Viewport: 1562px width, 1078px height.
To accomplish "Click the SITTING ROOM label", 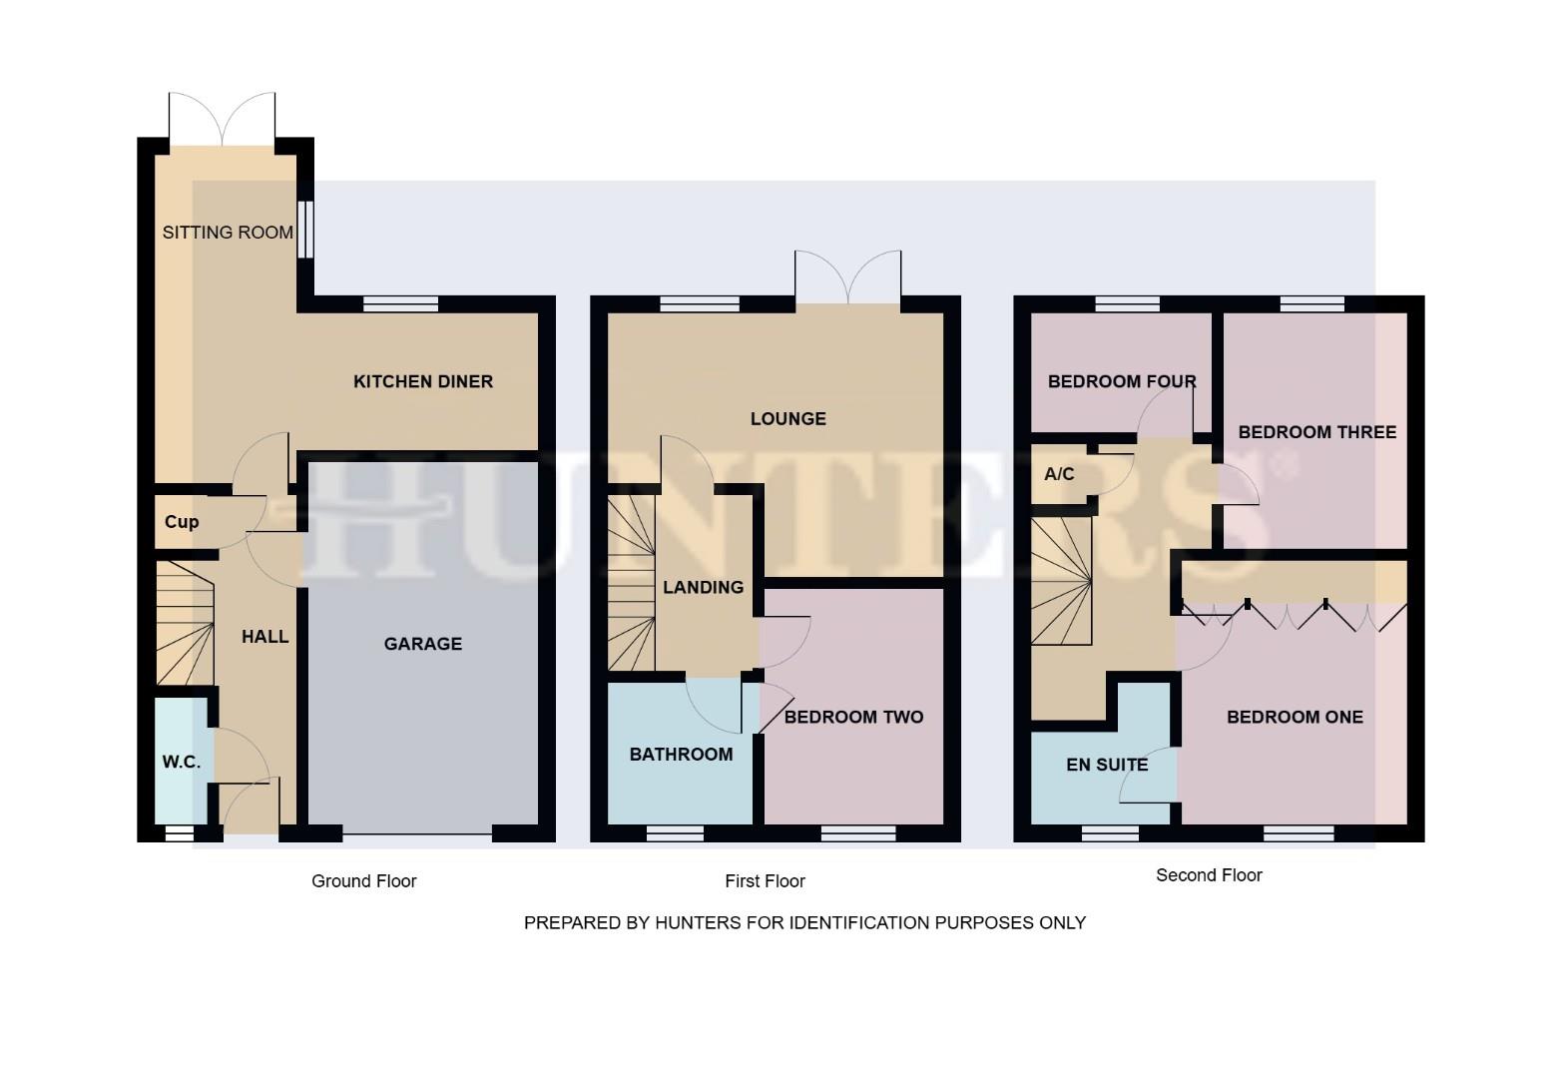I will point(228,233).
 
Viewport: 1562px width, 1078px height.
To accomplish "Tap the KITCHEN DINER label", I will point(423,381).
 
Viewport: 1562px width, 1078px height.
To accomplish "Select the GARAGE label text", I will point(423,644).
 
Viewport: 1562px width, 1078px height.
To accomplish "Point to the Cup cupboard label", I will point(182,522).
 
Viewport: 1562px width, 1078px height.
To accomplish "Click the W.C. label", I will point(182,762).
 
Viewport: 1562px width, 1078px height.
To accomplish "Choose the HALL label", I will point(265,637).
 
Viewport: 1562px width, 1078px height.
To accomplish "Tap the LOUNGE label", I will point(787,419).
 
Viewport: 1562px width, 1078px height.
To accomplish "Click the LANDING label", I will point(703,587).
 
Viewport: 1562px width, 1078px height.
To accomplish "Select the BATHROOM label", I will point(681,755).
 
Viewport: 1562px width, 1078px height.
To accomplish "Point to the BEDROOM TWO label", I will point(853,717).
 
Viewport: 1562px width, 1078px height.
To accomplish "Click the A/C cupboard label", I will point(1059,474).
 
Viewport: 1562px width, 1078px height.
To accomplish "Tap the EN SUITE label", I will point(1107,765).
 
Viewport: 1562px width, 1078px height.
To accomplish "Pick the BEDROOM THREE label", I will point(1316,432).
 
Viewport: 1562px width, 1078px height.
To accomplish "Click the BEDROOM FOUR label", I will point(1122,381).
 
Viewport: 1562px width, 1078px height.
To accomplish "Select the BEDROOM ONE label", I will point(1295,717).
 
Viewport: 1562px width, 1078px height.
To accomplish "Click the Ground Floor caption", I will point(363,881).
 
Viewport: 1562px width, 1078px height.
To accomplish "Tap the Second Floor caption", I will point(1209,875).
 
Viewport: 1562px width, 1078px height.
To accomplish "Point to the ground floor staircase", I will point(186,624).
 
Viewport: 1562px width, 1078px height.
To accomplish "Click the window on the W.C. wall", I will point(180,832).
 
